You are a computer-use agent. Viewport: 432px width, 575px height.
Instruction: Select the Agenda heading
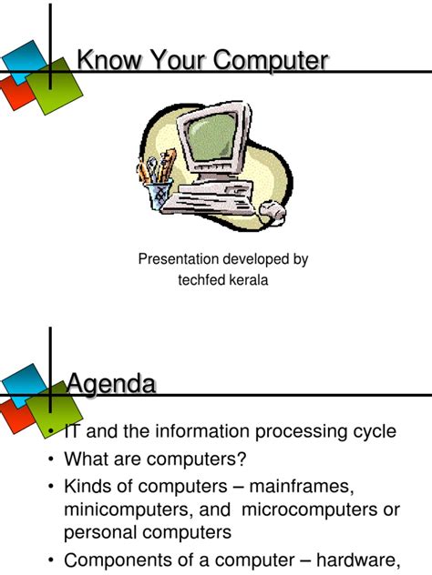click(x=110, y=384)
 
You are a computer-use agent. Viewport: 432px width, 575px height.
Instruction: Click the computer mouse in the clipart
click(x=269, y=212)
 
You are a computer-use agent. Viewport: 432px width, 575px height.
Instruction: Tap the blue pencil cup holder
click(x=160, y=194)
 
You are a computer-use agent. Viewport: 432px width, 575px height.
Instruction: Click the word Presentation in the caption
click(x=182, y=259)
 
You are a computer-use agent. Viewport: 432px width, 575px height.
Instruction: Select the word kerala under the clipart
click(x=246, y=279)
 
